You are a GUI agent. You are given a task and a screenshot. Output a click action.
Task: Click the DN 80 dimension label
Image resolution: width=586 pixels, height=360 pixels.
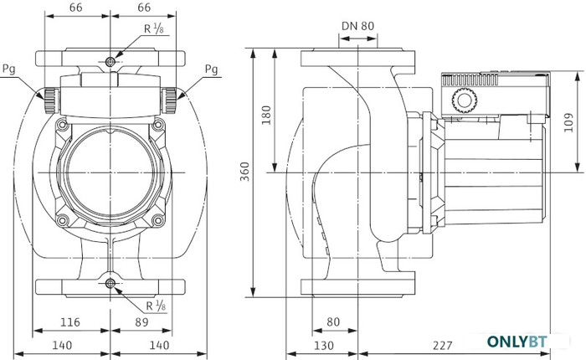click(357, 26)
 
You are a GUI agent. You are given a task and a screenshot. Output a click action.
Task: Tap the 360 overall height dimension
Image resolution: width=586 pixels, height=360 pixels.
click(244, 172)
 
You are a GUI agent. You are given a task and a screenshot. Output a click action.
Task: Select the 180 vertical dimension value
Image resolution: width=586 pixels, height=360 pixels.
click(265, 116)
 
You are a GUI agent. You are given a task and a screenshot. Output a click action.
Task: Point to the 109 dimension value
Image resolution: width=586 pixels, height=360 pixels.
click(568, 122)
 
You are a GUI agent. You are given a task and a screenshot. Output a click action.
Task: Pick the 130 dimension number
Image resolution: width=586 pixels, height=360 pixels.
click(324, 346)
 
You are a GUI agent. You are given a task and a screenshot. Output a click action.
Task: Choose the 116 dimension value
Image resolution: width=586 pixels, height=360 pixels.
click(70, 321)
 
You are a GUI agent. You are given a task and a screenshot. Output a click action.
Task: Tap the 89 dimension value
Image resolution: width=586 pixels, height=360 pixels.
click(141, 321)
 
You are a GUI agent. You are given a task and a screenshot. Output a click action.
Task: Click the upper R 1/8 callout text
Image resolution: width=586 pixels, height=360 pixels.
click(154, 28)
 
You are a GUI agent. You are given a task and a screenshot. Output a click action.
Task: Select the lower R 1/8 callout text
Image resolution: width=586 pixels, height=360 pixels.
click(156, 306)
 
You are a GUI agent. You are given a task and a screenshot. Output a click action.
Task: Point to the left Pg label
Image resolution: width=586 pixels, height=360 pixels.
click(9, 69)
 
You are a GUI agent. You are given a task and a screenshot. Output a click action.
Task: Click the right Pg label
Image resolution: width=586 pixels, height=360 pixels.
click(212, 69)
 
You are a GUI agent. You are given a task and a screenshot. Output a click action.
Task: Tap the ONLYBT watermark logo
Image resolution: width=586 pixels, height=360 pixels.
click(517, 342)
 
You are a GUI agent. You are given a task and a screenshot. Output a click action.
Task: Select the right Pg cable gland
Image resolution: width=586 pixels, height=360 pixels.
click(169, 100)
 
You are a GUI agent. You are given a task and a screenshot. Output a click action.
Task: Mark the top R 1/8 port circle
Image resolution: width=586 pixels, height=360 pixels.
click(111, 62)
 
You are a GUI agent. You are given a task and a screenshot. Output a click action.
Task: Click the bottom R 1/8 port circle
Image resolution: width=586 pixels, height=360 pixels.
click(111, 284)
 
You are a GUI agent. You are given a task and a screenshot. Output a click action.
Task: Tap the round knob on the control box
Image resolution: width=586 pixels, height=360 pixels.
click(465, 100)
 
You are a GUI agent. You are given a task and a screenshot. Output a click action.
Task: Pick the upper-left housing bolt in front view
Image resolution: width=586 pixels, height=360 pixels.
click(63, 125)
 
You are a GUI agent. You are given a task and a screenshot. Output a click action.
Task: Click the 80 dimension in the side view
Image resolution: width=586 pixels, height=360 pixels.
click(333, 321)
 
